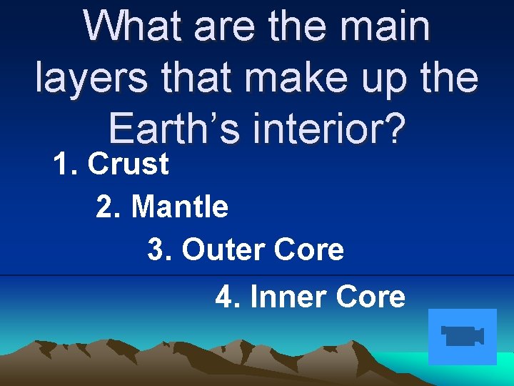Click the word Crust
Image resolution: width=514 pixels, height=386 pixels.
(x=128, y=164)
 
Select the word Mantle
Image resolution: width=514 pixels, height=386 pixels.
(x=180, y=207)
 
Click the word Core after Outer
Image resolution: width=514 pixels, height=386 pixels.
(x=310, y=250)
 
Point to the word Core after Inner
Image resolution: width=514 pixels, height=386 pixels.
(x=371, y=297)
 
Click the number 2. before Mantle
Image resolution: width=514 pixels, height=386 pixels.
(x=109, y=207)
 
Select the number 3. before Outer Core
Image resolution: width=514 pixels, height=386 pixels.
(x=161, y=250)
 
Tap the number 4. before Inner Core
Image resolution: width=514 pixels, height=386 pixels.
(x=228, y=297)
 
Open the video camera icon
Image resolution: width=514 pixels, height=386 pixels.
(x=463, y=336)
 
